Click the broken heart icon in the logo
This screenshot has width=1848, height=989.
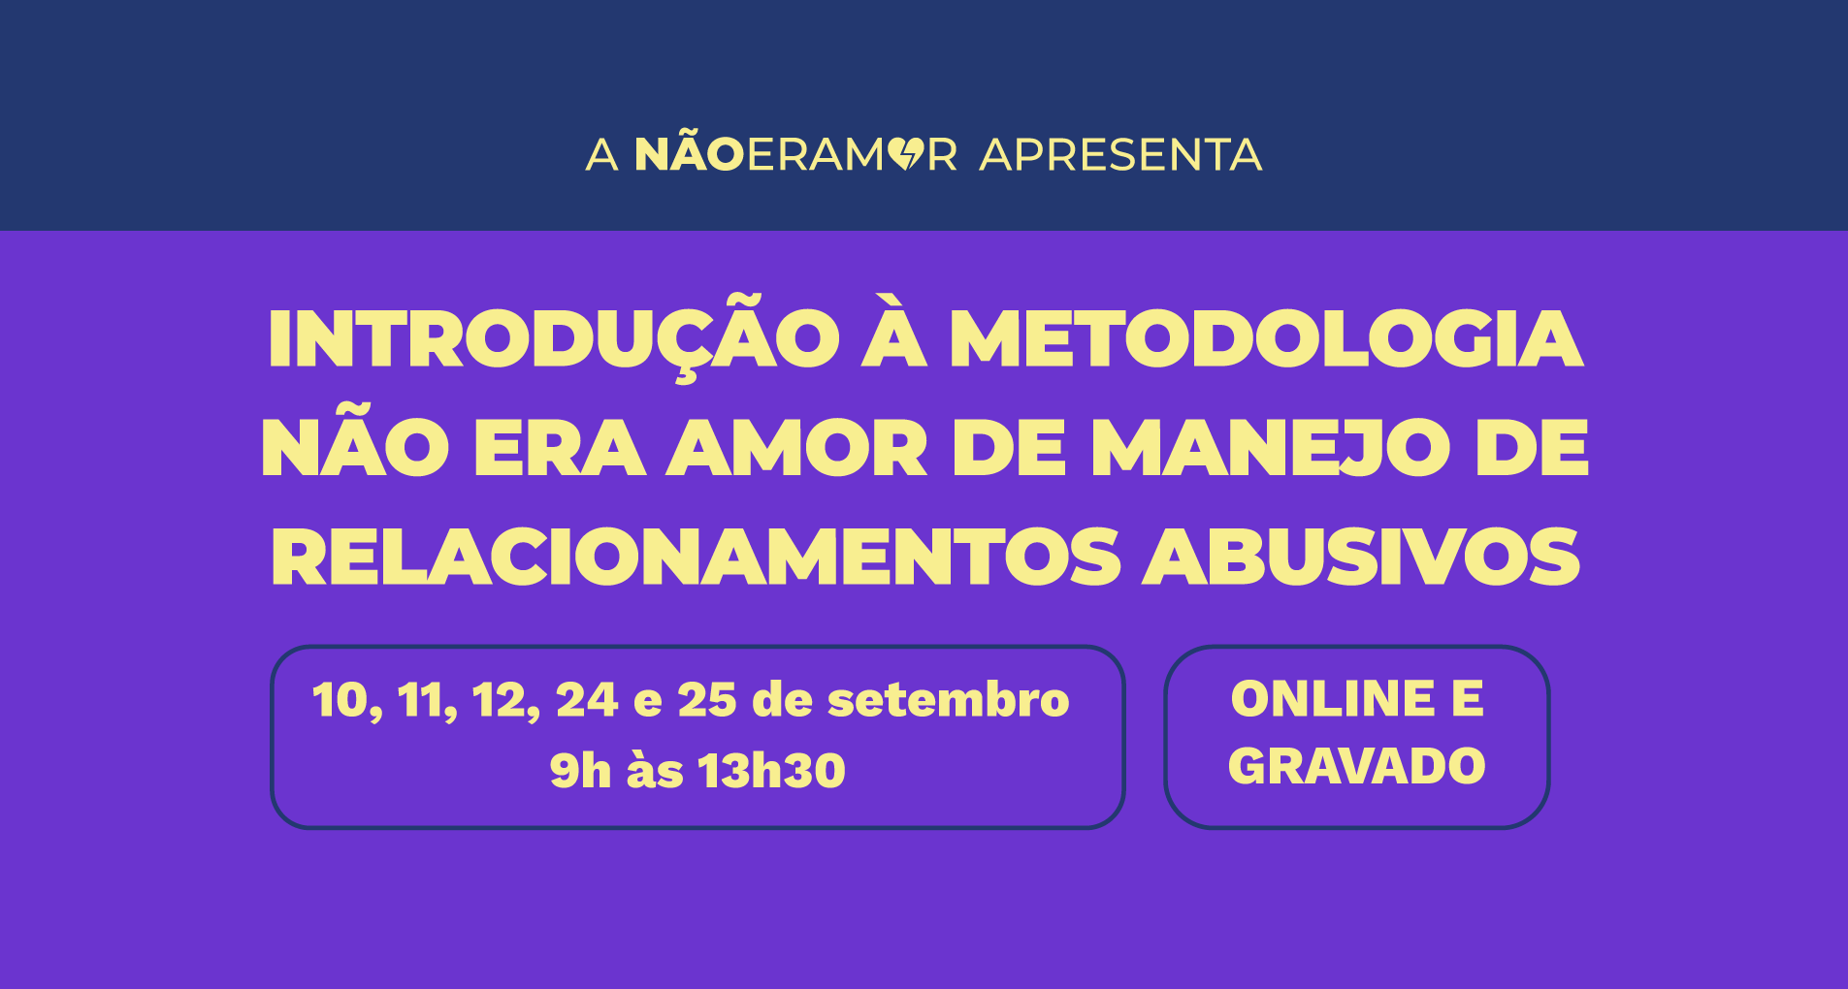coord(905,154)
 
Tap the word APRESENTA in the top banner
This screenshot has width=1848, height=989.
coord(1120,155)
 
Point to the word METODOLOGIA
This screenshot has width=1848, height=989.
coord(1266,338)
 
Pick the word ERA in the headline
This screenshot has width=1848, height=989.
coord(560,448)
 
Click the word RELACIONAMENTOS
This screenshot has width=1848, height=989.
coord(696,558)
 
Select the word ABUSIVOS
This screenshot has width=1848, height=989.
coord(1361,558)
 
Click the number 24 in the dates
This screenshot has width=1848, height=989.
coord(587,700)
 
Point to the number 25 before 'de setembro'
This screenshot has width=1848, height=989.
coord(707,700)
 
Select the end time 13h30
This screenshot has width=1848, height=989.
coord(771,771)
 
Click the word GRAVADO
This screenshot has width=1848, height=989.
coord(1357,766)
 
